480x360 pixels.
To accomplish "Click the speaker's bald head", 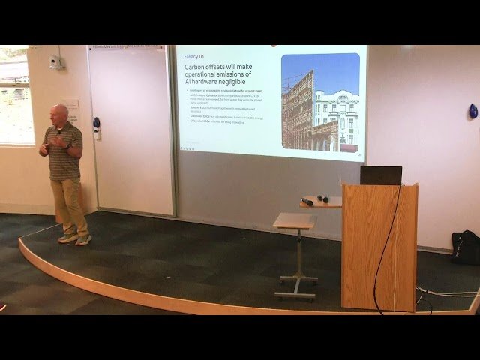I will (x=61, y=112).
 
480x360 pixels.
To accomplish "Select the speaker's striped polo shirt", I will (x=65, y=153).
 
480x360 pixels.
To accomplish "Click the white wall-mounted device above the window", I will (x=54, y=62).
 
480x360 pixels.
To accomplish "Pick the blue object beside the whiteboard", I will (x=96, y=122).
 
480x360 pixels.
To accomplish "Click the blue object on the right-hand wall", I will (x=472, y=111).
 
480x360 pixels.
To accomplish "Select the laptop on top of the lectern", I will (x=380, y=175).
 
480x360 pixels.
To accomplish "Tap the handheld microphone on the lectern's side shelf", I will (x=307, y=201).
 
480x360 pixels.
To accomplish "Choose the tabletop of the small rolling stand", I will (x=293, y=221).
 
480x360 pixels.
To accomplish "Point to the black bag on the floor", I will (x=466, y=247).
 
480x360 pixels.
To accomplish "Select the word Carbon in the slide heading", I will (x=198, y=67).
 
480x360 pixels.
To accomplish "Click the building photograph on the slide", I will (x=320, y=101).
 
